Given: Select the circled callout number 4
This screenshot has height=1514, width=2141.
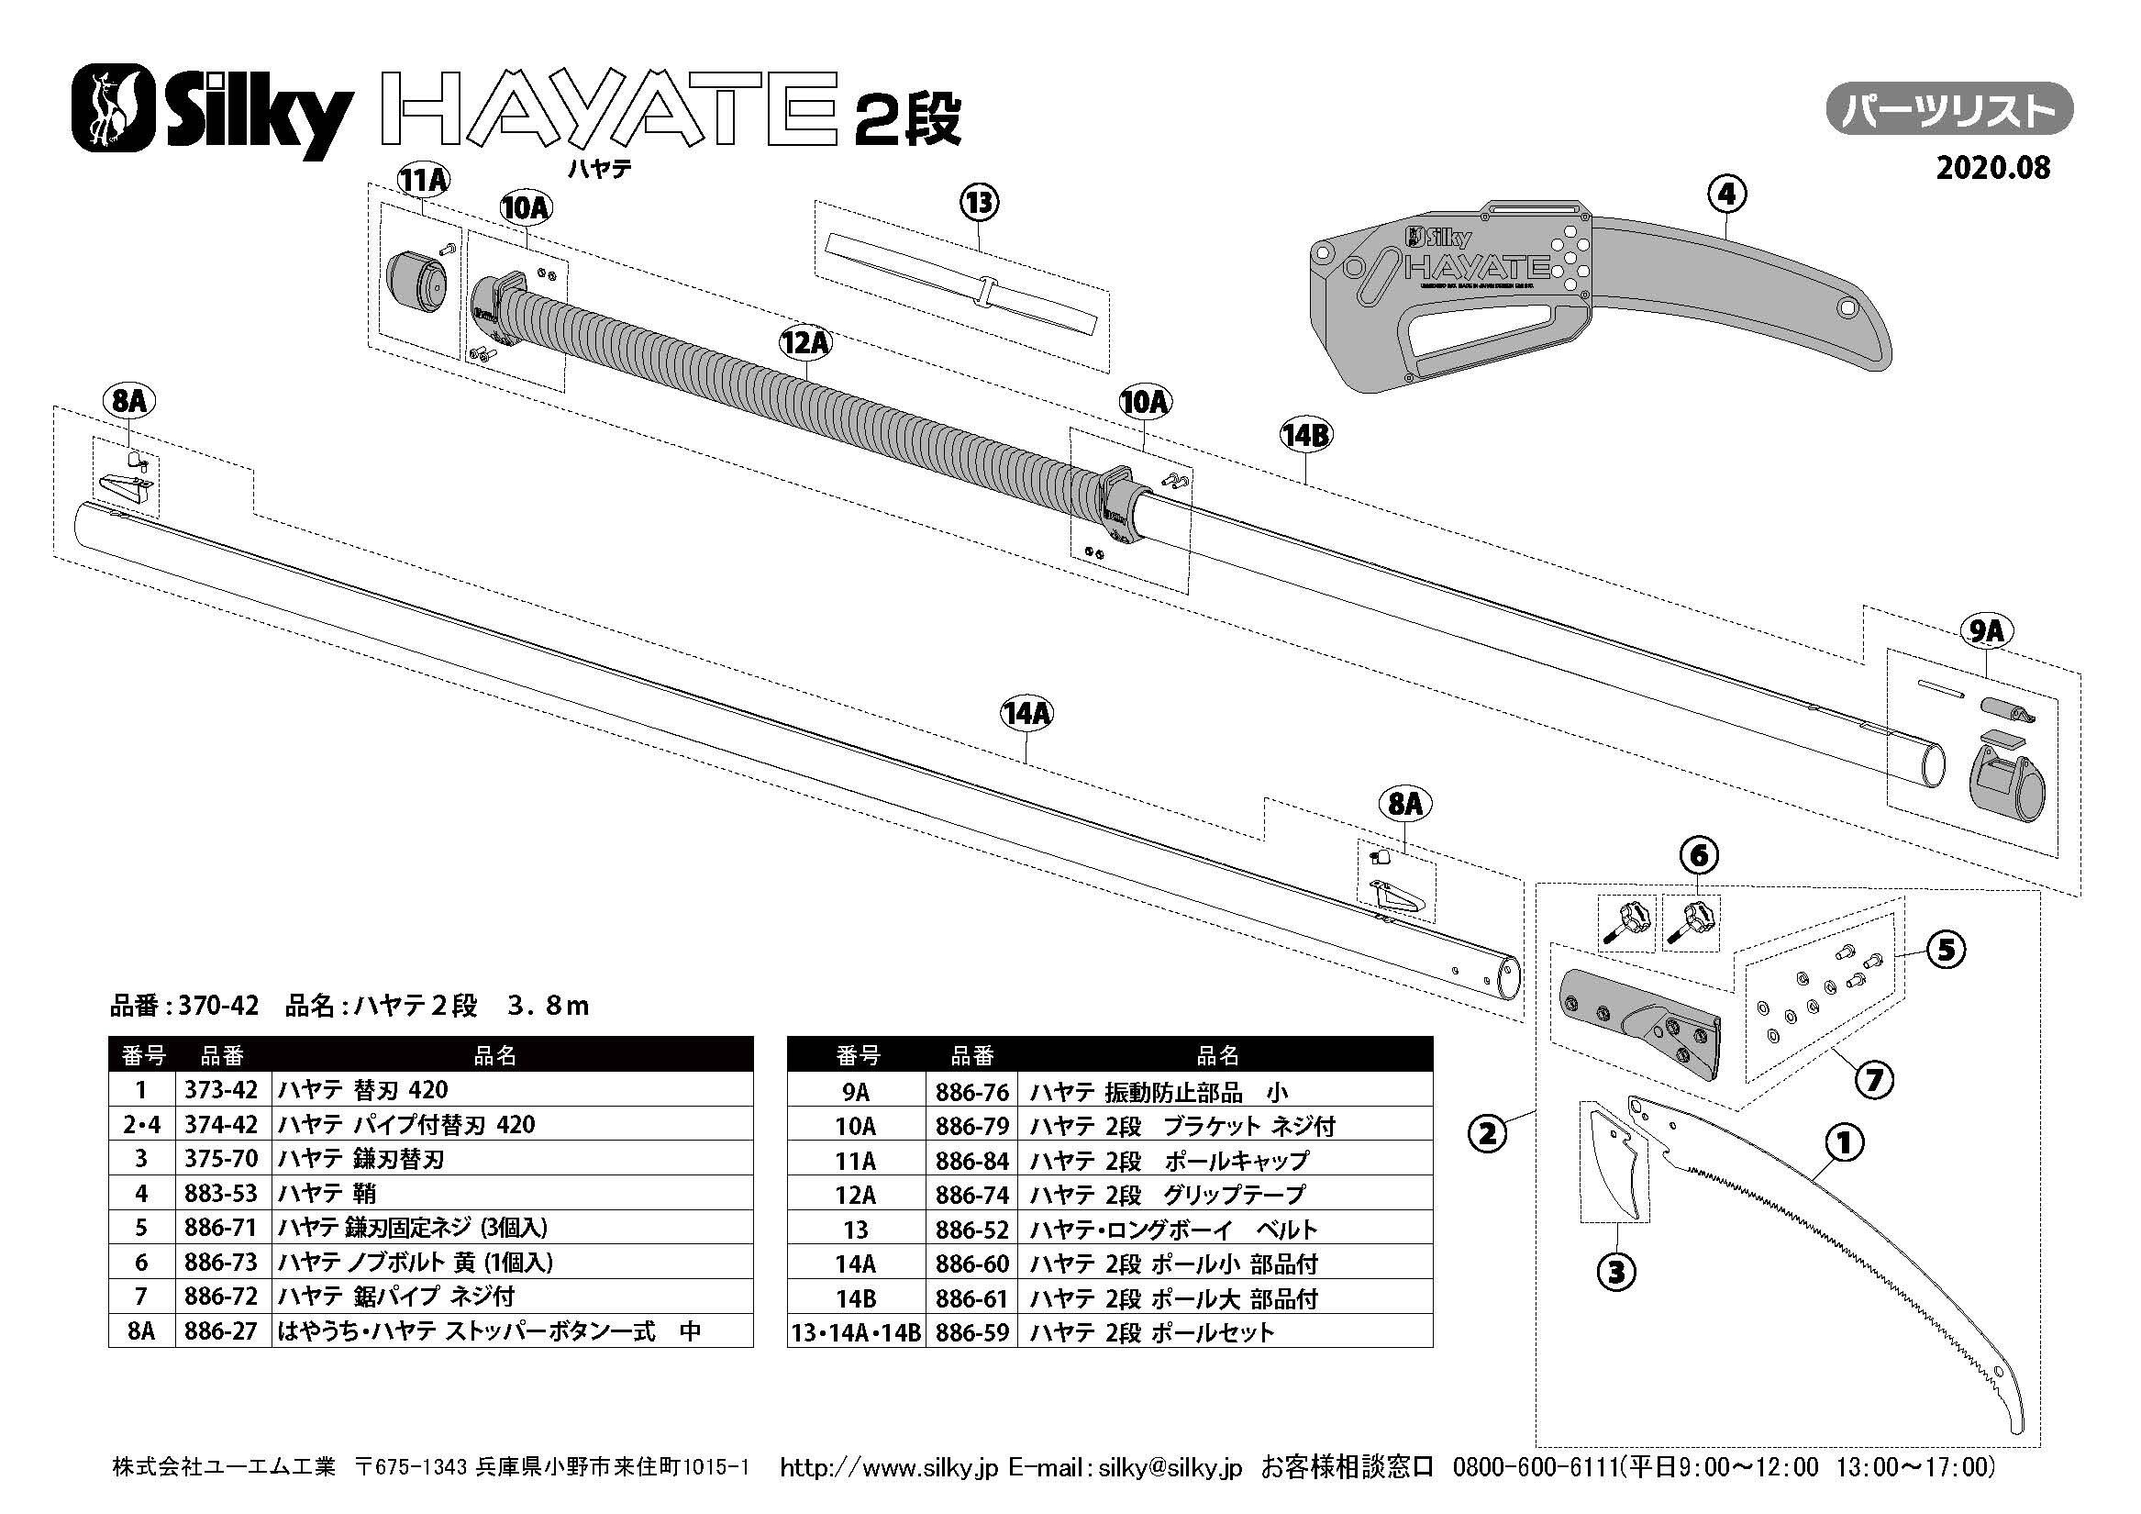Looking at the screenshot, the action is coord(1726,194).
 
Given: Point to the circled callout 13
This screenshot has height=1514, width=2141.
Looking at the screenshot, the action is coord(979,203).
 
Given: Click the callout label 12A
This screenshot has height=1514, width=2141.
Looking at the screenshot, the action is coord(804,343).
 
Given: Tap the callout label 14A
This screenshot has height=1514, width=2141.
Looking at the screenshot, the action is coord(1026,715).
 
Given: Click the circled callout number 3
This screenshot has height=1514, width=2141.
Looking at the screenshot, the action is coord(1617,1271).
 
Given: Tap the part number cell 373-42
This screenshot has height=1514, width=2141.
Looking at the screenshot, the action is coord(221,1089).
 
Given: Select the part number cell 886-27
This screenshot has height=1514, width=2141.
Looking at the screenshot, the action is coord(221,1331).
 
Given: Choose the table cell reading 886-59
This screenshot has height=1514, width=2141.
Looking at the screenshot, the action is coord(972,1332).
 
